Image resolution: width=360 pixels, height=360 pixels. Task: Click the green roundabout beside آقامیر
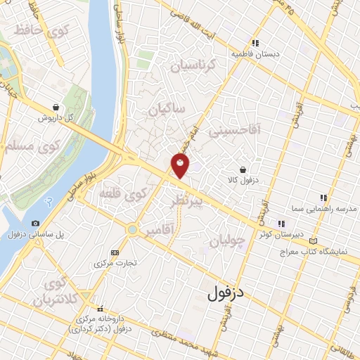click(x=131, y=229)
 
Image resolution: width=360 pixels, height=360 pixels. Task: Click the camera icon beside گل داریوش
click(x=55, y=106)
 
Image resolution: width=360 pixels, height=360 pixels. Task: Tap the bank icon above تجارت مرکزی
click(x=115, y=252)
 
